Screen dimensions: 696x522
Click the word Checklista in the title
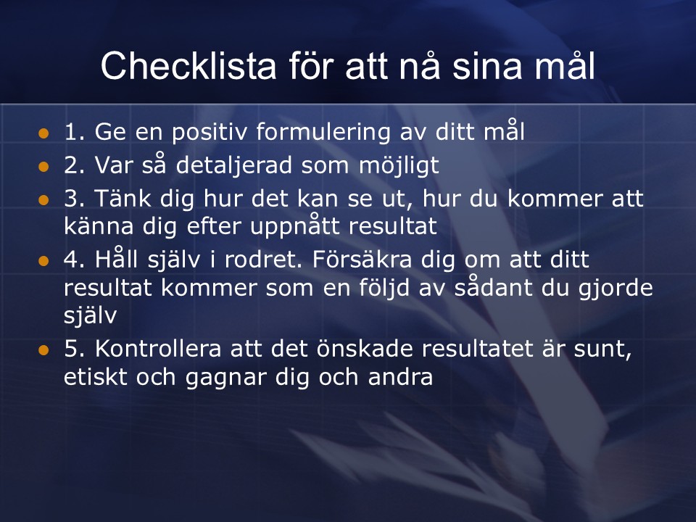(188, 66)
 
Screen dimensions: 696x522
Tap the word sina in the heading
(486, 66)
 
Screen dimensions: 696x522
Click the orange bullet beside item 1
(43, 133)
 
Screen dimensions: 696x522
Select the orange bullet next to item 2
(43, 167)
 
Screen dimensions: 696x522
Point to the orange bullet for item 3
(43, 200)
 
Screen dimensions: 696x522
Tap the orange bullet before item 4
(43, 261)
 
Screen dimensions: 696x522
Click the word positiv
(209, 133)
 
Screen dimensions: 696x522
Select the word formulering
(323, 133)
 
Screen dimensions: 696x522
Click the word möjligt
(399, 166)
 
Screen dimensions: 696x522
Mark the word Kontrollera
(158, 349)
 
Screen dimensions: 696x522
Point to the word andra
(400, 377)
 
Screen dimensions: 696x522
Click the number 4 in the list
(71, 260)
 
